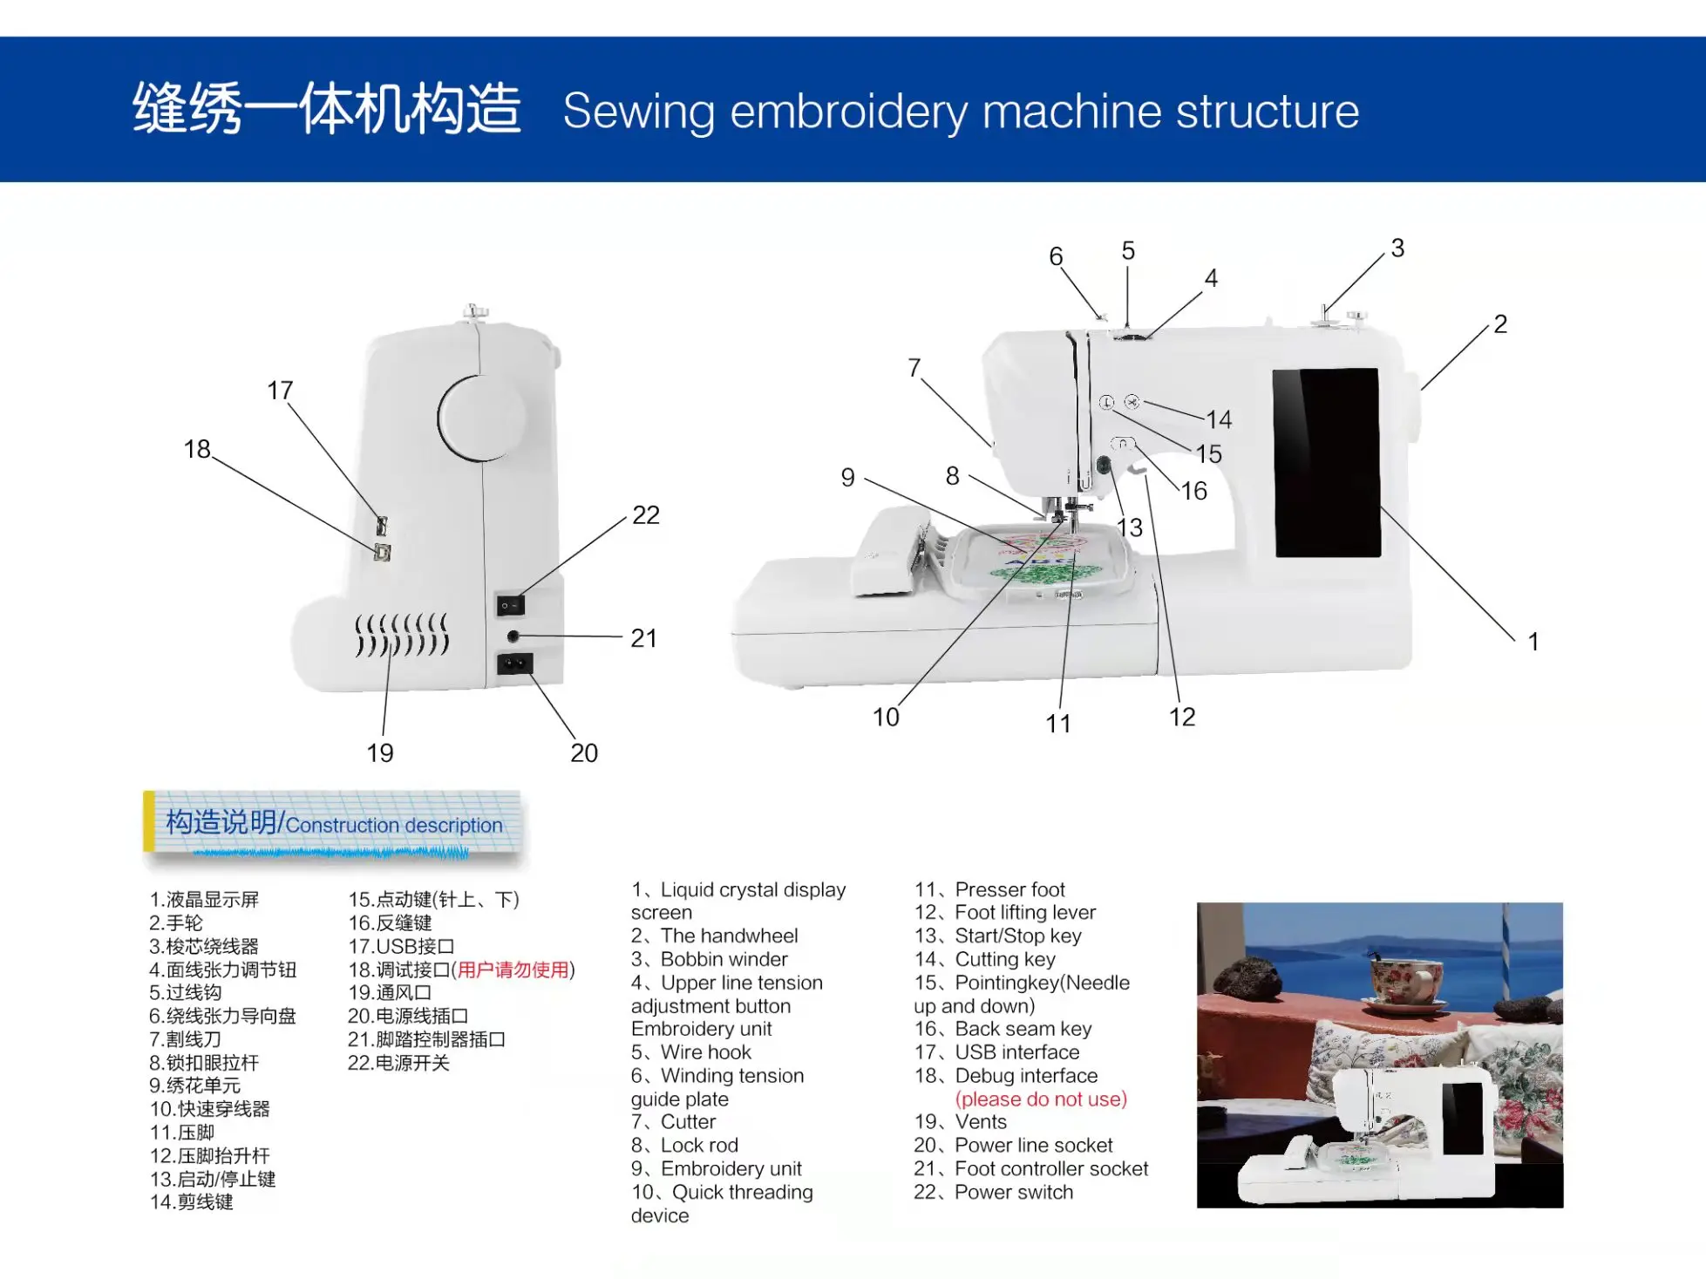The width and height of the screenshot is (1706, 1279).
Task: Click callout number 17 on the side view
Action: [x=280, y=390]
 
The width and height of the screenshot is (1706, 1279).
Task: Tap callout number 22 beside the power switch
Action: [x=645, y=514]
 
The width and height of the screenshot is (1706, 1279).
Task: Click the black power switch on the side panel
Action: [x=510, y=605]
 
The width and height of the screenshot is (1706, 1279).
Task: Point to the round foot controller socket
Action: [x=513, y=636]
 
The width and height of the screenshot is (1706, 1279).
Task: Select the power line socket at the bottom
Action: [x=514, y=664]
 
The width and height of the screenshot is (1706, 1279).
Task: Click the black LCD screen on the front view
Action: [x=1327, y=462]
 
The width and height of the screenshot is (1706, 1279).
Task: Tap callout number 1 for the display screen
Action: [x=1533, y=642]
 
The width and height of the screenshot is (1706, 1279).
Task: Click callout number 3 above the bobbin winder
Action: [x=1397, y=248]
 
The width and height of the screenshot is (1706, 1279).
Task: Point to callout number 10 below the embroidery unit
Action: [x=886, y=717]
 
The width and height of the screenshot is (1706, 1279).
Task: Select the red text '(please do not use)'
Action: [x=1041, y=1099]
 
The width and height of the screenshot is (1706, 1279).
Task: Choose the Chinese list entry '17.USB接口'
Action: [x=401, y=946]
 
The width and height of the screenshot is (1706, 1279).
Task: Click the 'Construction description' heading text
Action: [x=393, y=825]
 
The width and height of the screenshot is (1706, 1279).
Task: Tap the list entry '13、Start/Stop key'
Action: [x=997, y=935]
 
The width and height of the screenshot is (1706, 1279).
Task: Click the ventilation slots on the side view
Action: [x=401, y=635]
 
